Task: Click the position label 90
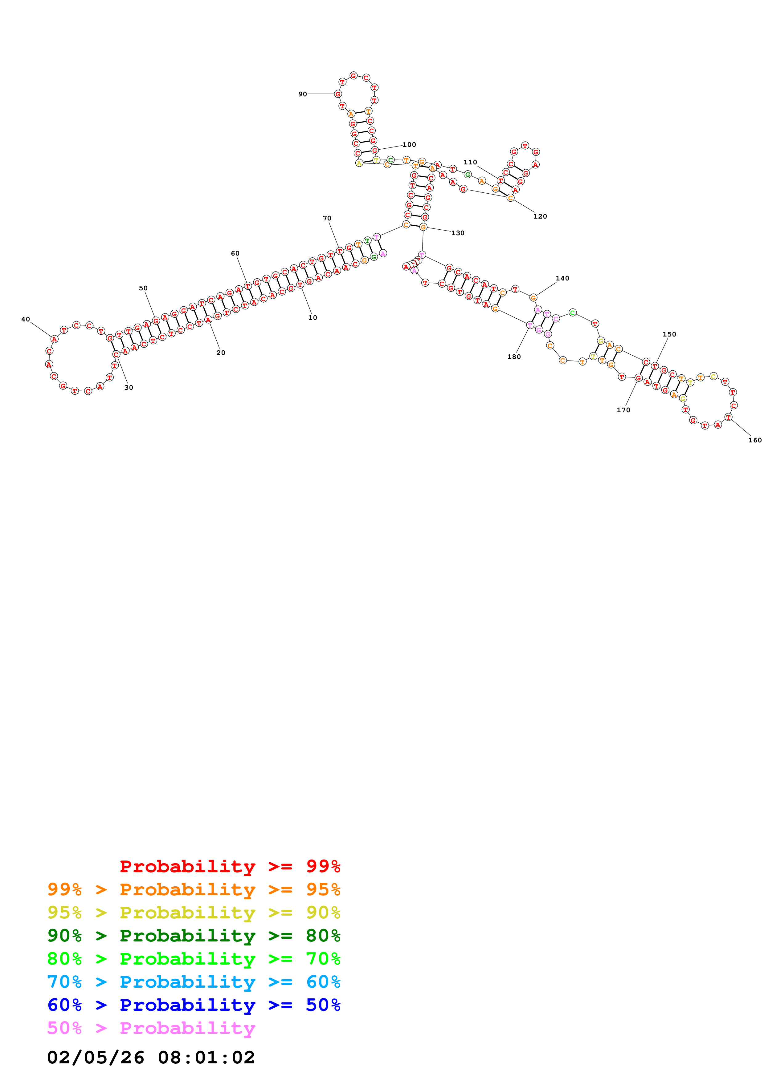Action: pyautogui.click(x=302, y=94)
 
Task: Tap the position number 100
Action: pyautogui.click(x=409, y=144)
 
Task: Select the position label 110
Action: pyautogui.click(x=470, y=162)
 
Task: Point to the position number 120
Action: pyautogui.click(x=540, y=216)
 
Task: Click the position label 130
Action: pyautogui.click(x=458, y=233)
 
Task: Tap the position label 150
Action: pyautogui.click(x=669, y=334)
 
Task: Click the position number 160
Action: pyautogui.click(x=754, y=440)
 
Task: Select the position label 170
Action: pyautogui.click(x=623, y=410)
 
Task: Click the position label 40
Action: pyautogui.click(x=25, y=319)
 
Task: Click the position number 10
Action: pyautogui.click(x=313, y=317)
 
